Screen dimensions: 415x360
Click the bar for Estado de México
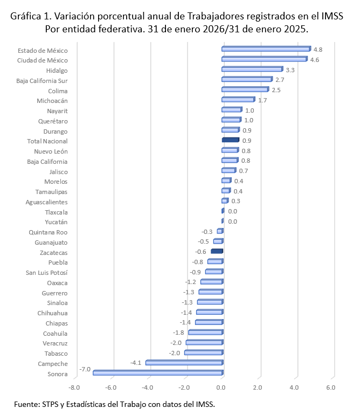click(266, 49)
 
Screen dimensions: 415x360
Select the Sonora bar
click(157, 372)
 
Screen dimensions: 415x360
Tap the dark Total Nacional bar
click(230, 140)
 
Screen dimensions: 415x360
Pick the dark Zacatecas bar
click(217, 251)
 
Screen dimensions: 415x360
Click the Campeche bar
click(184, 363)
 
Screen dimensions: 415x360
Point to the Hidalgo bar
click(252, 70)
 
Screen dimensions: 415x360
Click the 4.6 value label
click(315, 60)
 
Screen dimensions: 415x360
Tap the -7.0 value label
click(85, 369)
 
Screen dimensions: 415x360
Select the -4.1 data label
click(136, 363)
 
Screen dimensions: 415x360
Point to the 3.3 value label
click(290, 70)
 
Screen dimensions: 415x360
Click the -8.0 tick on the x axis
click(74, 388)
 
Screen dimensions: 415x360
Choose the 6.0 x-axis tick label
click(331, 388)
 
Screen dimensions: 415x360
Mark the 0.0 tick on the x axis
click(221, 388)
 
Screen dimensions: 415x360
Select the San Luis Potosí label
click(47, 272)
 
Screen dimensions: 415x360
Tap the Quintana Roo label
click(48, 232)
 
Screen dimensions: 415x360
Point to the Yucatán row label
click(56, 222)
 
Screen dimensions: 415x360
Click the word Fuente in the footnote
click(27, 404)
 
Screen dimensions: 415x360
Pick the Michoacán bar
click(238, 100)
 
